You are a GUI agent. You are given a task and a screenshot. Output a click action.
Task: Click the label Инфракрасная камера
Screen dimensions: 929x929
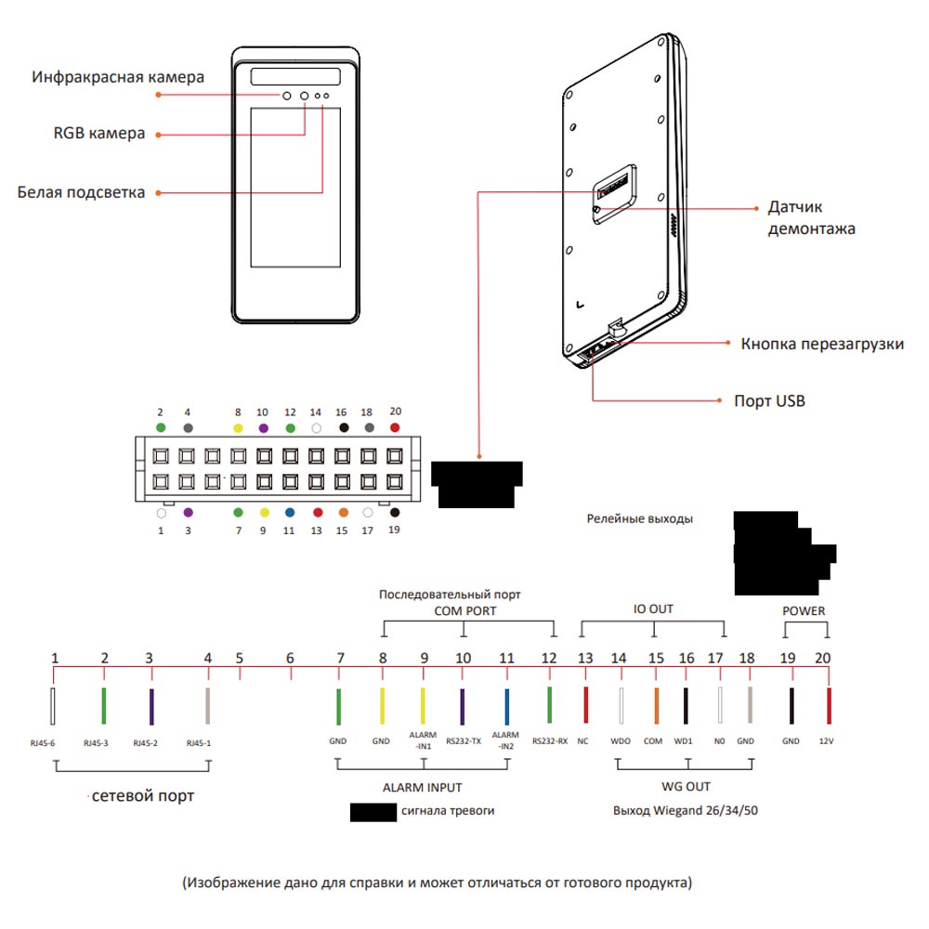tap(117, 77)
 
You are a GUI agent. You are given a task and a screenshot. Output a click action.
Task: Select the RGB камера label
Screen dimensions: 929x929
tap(99, 134)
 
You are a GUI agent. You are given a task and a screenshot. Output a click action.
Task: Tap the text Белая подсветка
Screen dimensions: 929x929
tap(82, 192)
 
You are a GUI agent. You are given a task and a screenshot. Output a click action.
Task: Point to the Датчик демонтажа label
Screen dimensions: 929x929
tap(811, 217)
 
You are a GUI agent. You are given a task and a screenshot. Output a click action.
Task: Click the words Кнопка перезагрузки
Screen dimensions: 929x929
tap(822, 344)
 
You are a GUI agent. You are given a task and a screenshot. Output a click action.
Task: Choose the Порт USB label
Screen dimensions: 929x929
tap(769, 401)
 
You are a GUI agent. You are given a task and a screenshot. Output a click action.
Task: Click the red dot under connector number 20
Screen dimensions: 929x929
tap(395, 427)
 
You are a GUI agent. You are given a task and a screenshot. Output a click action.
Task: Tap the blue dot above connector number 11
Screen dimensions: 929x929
tap(289, 512)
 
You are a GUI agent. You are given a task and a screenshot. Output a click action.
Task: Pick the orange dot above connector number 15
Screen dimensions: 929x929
tap(343, 512)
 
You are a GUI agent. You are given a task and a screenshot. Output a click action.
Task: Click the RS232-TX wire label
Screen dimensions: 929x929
tap(463, 742)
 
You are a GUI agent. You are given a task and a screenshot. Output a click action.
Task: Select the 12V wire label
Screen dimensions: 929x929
tap(827, 742)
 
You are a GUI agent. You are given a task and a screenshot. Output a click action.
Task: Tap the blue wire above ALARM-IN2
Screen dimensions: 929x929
tap(506, 707)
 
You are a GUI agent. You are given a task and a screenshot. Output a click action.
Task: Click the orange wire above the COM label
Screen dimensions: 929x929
tap(655, 707)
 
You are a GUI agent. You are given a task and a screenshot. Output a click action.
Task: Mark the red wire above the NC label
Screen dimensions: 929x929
tap(584, 707)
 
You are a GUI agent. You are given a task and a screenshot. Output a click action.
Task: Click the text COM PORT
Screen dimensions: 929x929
tap(464, 611)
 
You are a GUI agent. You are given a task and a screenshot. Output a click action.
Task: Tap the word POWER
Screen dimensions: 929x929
tap(804, 611)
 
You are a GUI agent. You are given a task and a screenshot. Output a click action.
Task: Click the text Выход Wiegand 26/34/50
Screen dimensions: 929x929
tap(687, 810)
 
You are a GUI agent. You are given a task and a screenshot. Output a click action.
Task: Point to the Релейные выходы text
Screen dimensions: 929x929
tap(639, 519)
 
